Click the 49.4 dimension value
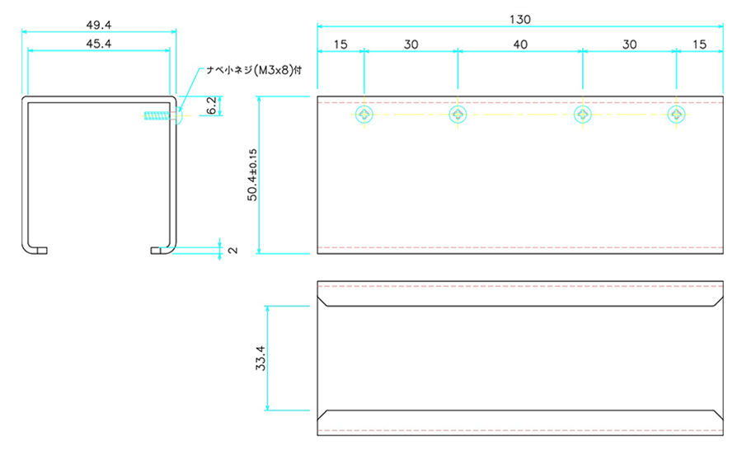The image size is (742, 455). coord(99,25)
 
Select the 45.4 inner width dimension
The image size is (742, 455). coord(99,44)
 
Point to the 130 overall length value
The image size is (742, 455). coord(520,20)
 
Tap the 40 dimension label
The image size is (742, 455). coord(520,45)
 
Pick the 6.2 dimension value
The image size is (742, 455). coord(212,106)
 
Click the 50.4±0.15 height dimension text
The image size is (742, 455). coord(252,175)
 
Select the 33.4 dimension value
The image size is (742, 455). coord(261,358)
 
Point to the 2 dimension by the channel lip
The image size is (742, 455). coord(232,251)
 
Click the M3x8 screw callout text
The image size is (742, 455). coord(254,70)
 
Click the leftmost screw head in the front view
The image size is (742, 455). coord(364,114)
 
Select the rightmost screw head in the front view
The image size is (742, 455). coord(676,114)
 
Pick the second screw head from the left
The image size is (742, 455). coord(458,114)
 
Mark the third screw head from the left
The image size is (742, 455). coord(583,114)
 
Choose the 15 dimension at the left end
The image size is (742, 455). coord(340,45)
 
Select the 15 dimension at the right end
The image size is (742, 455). coord(699,45)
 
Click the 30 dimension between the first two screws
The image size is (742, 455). coord(411,45)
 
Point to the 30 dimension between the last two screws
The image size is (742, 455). coord(629,45)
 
